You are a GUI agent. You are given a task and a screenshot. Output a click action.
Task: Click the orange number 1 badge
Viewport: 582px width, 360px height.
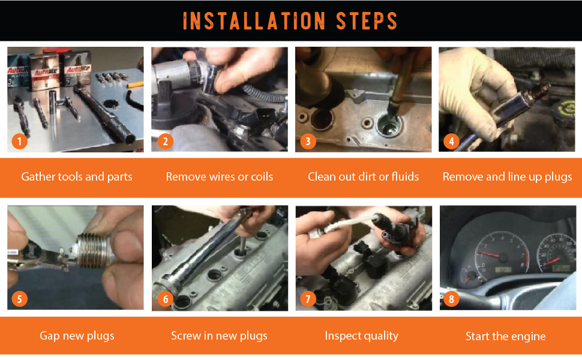click(19, 142)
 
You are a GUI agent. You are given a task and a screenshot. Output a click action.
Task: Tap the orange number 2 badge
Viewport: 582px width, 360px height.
click(165, 142)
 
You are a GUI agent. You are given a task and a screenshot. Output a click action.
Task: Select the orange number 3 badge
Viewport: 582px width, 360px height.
click(308, 142)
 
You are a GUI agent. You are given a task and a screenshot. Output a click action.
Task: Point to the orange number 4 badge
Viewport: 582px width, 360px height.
click(451, 142)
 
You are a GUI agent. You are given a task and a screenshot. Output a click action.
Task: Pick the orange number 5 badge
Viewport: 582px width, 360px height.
click(19, 299)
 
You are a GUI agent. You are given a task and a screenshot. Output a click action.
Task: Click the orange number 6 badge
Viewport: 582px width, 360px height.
click(165, 299)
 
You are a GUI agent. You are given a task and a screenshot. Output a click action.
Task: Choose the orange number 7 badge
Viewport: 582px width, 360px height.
click(308, 299)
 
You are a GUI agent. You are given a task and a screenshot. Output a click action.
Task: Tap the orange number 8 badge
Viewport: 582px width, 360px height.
click(451, 299)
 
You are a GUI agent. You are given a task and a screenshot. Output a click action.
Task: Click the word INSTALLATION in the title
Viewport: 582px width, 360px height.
click(254, 21)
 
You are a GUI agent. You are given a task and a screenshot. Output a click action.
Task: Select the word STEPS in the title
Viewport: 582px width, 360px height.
click(367, 21)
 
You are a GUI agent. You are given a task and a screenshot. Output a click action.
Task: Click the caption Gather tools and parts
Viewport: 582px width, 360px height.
click(77, 177)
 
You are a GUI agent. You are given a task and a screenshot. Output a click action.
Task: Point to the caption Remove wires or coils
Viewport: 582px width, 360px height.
click(220, 176)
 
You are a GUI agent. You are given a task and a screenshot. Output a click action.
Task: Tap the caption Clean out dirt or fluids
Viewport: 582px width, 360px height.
click(364, 176)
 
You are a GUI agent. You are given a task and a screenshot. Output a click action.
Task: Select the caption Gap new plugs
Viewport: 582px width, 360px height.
click(77, 336)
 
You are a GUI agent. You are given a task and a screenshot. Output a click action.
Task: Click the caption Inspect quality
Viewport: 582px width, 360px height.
click(362, 336)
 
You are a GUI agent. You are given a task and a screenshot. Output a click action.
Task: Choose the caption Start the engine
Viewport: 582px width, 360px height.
click(506, 336)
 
